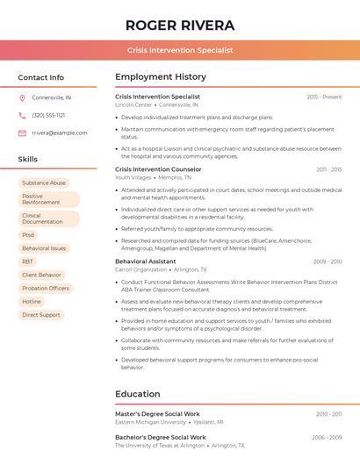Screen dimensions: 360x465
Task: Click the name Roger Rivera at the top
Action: pos(179,24)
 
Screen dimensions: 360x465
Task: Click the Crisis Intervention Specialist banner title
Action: pos(179,50)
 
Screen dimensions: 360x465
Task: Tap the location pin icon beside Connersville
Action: pos(22,97)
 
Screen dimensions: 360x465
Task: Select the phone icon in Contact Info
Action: pos(22,115)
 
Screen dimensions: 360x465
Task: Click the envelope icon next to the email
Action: pos(22,132)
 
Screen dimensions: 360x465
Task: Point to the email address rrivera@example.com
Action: pos(59,132)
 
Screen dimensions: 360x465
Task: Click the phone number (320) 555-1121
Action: pos(48,115)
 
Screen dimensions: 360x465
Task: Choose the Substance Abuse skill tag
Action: pos(44,183)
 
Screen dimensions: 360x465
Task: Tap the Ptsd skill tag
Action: pos(29,235)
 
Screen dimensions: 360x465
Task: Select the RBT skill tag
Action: pos(28,261)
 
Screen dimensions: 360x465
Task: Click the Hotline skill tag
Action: pos(32,301)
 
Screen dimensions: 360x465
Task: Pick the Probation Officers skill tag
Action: pos(46,288)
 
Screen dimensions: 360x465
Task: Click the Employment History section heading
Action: pos(161,77)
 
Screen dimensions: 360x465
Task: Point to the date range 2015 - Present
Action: pos(324,97)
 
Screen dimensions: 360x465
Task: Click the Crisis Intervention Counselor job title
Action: pos(158,169)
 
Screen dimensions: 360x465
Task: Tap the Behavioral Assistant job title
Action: pos(146,261)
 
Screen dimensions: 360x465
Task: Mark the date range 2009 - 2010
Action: pos(327,261)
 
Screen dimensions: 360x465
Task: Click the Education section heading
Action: pos(138,394)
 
